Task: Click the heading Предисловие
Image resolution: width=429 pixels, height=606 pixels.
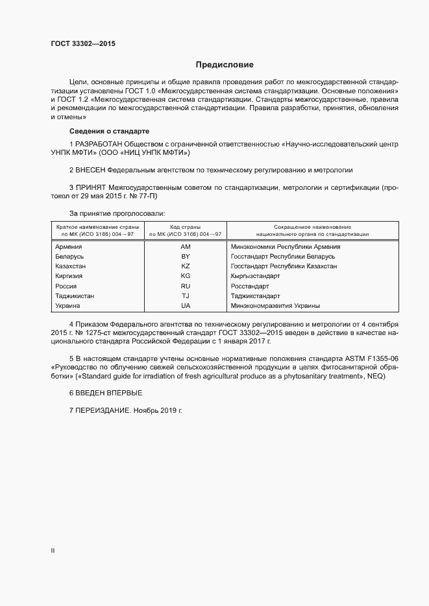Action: pyautogui.click(x=225, y=65)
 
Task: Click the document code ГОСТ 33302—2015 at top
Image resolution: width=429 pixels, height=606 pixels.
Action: pyautogui.click(x=84, y=45)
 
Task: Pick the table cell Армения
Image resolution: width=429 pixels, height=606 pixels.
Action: pyautogui.click(x=69, y=247)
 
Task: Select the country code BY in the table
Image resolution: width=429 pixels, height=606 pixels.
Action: pyautogui.click(x=186, y=257)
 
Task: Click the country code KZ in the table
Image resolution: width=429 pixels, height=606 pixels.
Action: pyautogui.click(x=186, y=266)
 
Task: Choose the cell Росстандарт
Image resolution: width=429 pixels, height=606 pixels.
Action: pyautogui.click(x=250, y=286)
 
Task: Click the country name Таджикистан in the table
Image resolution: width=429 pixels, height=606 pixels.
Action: pyautogui.click(x=75, y=296)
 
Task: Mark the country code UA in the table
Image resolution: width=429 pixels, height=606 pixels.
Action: pyautogui.click(x=186, y=305)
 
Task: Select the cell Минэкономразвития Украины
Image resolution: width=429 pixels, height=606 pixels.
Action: pyautogui.click(x=275, y=305)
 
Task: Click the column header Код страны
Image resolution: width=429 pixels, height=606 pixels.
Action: pyautogui.click(x=186, y=227)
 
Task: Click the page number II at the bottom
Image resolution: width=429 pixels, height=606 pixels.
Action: pyautogui.click(x=53, y=551)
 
